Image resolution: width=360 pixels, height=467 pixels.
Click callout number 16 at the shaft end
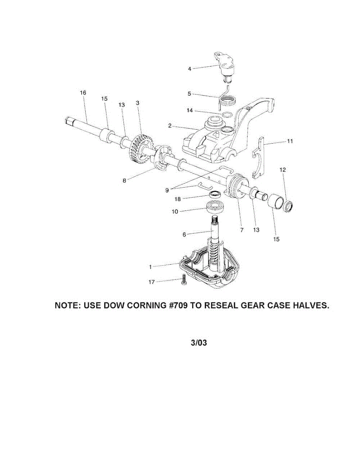[x=83, y=93]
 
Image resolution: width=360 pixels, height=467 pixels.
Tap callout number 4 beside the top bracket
[x=190, y=69]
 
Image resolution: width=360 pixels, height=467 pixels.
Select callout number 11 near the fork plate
[x=290, y=141]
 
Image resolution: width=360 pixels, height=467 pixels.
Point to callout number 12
[x=283, y=170]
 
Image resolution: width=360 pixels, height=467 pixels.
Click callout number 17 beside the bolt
[x=151, y=281]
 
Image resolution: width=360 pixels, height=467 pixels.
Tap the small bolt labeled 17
[x=184, y=281]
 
